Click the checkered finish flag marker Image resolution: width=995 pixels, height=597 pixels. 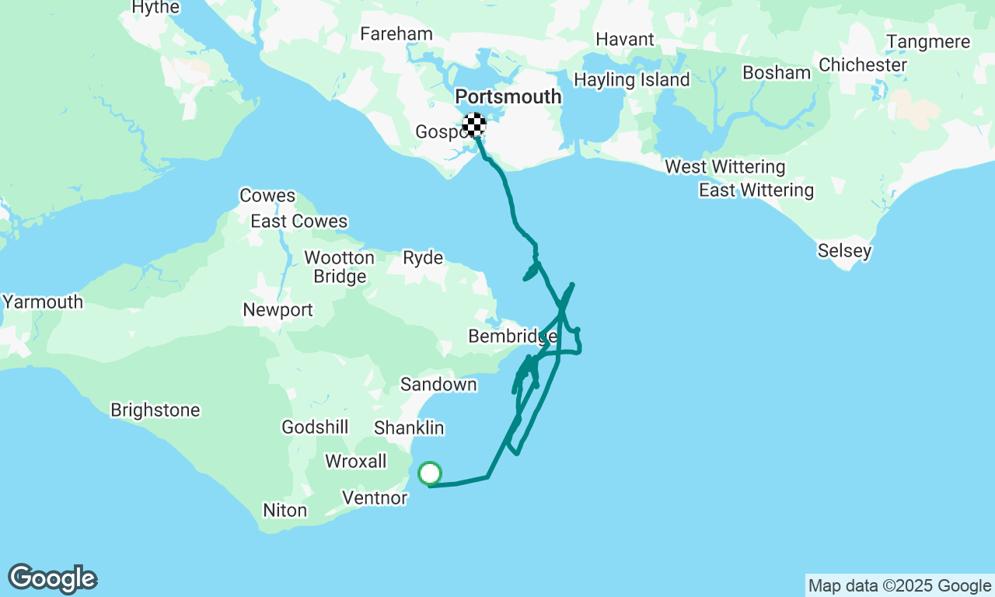tap(474, 124)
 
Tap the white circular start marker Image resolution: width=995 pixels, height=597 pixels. tap(430, 473)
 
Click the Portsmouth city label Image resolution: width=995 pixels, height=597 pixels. tap(508, 97)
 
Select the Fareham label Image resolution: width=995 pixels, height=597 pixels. tap(396, 34)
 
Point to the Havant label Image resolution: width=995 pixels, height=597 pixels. tap(625, 39)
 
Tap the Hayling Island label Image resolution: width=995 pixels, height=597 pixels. tap(631, 80)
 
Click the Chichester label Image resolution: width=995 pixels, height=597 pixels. tap(863, 65)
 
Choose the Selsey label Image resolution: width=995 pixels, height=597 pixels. tap(844, 251)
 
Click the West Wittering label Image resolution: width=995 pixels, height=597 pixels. tap(725, 167)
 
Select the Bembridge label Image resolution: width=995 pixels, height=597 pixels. tap(512, 337)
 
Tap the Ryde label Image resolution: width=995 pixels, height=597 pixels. tap(423, 258)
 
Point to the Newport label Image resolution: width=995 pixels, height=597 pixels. tap(278, 310)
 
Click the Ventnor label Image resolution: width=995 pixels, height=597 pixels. tap(375, 498)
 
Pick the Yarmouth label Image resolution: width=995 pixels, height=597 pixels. tap(43, 302)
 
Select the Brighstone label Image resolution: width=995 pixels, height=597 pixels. tap(155, 410)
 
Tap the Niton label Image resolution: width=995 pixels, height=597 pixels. tap(285, 511)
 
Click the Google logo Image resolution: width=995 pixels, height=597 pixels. tap(53, 579)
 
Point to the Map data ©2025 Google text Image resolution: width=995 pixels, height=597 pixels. tap(899, 586)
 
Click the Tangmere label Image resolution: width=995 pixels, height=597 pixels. tap(928, 42)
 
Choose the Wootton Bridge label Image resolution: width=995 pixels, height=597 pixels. tap(339, 267)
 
